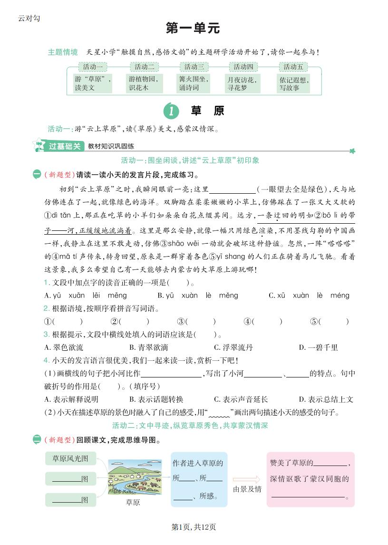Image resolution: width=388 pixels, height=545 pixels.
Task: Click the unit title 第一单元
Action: (x=193, y=29)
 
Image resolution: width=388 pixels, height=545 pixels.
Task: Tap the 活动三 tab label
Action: (x=194, y=67)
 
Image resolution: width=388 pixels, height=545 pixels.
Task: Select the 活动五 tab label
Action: (x=293, y=67)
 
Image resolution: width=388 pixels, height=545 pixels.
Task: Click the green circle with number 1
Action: (x=171, y=111)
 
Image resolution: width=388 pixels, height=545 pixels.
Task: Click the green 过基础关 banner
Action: (x=66, y=147)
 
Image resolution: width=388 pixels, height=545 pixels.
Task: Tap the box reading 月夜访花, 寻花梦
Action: (x=242, y=84)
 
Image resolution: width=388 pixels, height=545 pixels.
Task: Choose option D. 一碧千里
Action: (x=318, y=347)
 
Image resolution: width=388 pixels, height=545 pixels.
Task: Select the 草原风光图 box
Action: (x=70, y=459)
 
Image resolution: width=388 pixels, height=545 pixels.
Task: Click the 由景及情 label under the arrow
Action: (x=247, y=489)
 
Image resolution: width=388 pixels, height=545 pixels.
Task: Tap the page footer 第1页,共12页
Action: (x=194, y=527)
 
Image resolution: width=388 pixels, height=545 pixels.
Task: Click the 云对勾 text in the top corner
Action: (x=29, y=18)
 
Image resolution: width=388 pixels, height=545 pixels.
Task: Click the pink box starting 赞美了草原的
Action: (x=310, y=479)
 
